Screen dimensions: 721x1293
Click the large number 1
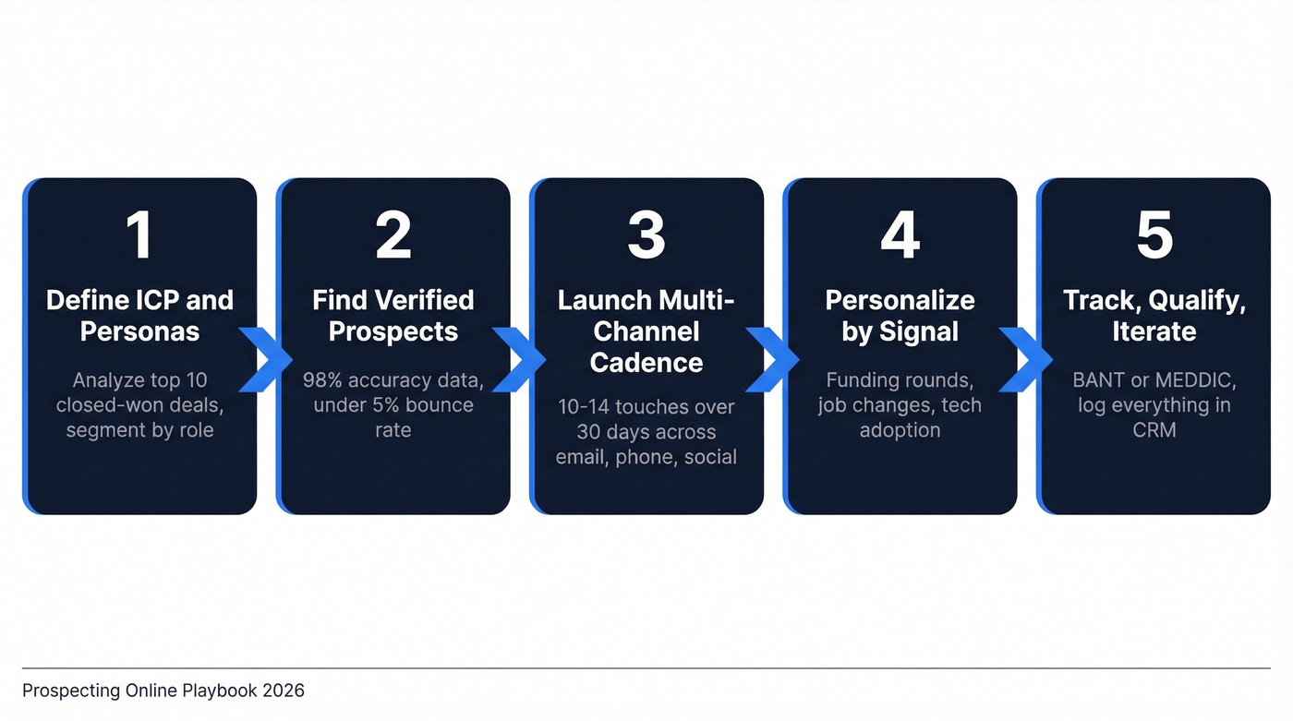139,235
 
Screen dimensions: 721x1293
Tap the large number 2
393,235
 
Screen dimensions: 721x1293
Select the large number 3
646,235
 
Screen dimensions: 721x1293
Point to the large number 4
900,235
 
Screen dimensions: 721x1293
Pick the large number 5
1154,235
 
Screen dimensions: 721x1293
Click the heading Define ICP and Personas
139,316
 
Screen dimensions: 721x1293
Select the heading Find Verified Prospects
393,316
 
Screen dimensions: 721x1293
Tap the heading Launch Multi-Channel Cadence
646,331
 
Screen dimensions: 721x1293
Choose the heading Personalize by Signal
900,316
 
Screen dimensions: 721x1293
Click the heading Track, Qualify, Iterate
1154,316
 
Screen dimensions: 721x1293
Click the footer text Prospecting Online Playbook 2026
163,691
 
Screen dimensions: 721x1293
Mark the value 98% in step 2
322,380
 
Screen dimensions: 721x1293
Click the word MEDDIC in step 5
1196,380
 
